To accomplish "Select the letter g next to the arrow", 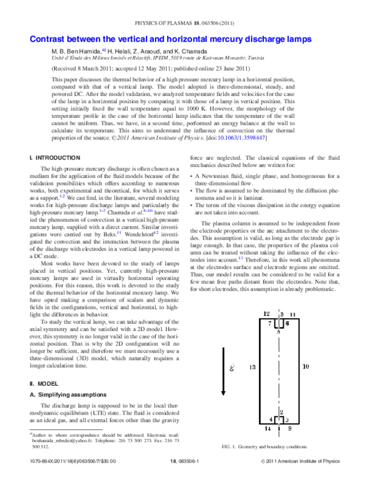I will (x=231, y=368).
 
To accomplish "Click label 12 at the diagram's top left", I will (x=266, y=313).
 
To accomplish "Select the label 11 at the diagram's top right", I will (x=293, y=314).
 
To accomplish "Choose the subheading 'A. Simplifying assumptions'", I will (x=69, y=394).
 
